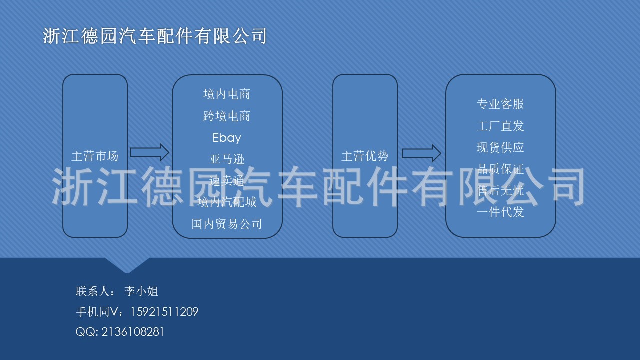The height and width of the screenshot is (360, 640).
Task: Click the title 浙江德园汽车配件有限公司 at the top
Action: pos(155,36)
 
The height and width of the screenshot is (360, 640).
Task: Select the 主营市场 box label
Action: pos(95,156)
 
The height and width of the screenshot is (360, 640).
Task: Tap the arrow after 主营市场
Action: pos(149,152)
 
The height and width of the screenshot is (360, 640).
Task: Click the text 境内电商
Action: pos(227,94)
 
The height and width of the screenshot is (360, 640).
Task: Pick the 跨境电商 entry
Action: pos(227,116)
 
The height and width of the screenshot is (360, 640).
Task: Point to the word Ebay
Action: pos(227,138)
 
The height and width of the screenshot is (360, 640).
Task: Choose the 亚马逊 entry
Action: pos(227,159)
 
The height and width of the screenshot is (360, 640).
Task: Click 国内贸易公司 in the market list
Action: pos(227,224)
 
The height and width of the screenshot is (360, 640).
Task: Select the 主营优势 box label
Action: pos(365,156)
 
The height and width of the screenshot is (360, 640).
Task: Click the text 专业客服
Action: pos(500,104)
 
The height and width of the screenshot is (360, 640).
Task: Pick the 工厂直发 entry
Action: pos(500,126)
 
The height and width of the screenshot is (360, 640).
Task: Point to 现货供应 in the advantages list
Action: pos(500,147)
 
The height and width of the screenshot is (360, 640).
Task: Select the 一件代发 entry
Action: pos(500,212)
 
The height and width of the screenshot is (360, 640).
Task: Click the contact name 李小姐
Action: pos(141,291)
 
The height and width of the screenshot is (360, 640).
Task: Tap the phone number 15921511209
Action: pos(164,312)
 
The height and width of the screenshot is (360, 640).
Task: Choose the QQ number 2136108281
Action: pos(133,332)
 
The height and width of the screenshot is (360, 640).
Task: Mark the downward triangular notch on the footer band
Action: pos(127,265)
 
